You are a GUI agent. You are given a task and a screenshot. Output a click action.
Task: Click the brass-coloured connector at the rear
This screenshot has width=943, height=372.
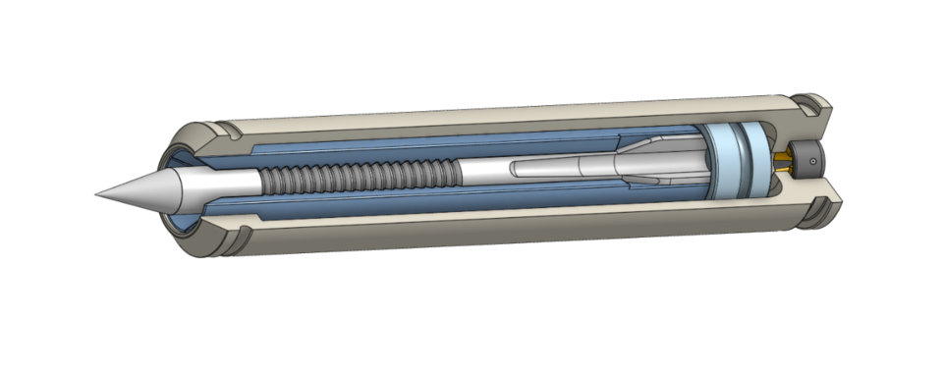782,161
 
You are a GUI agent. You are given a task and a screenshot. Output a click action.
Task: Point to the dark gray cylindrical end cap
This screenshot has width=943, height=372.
807,157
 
